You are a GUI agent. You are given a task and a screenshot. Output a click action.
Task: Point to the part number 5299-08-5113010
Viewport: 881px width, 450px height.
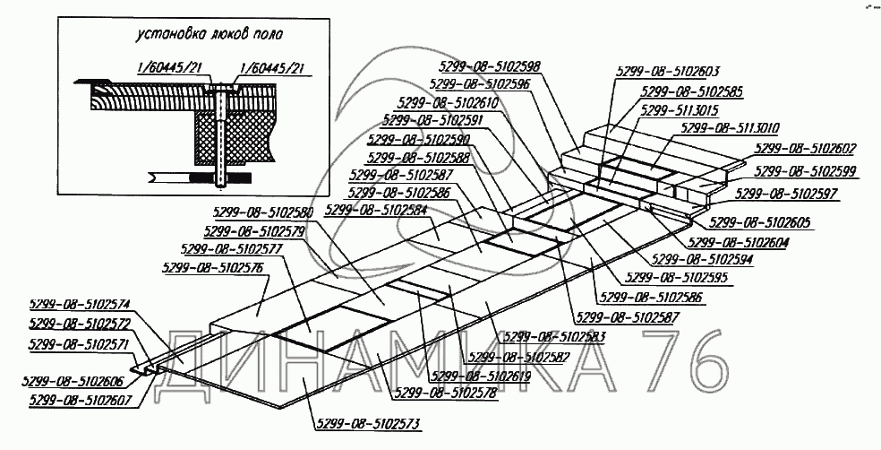[x=729, y=128]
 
